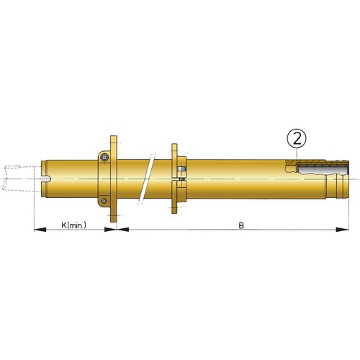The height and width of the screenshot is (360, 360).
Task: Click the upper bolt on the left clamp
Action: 105,158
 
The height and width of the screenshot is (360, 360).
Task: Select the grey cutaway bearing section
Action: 317,169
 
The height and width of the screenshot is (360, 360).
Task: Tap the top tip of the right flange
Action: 173,144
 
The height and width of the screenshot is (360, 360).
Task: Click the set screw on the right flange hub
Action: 180,170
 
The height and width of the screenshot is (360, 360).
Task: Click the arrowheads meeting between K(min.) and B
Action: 117,230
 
